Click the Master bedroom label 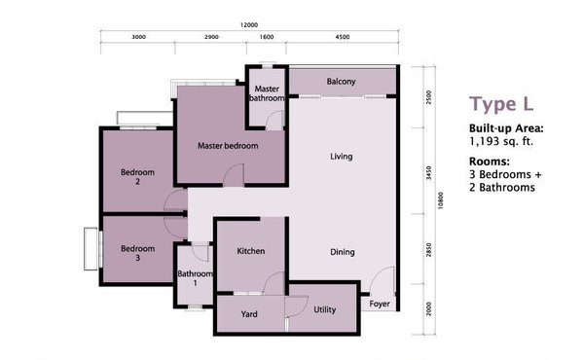click(x=228, y=146)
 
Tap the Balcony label click(x=341, y=81)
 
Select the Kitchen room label click(x=251, y=251)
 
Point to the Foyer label click(x=380, y=304)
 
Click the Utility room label click(x=324, y=309)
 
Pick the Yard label click(x=249, y=314)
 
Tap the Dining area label click(x=343, y=252)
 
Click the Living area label click(x=342, y=157)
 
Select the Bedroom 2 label click(x=137, y=177)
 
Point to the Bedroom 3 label click(x=137, y=253)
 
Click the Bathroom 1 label click(x=195, y=278)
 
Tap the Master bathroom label click(x=267, y=93)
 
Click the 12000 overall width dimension click(x=249, y=25)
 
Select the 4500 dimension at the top click(x=343, y=37)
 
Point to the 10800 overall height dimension click(x=441, y=200)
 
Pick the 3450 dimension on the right click(x=428, y=173)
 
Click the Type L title click(x=501, y=103)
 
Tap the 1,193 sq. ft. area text click(x=501, y=141)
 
